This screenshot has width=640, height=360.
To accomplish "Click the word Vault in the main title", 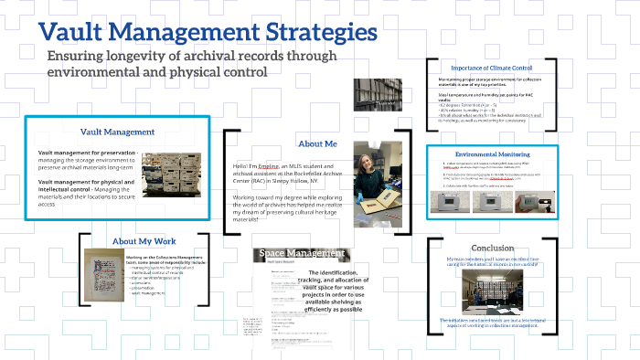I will coord(70,34).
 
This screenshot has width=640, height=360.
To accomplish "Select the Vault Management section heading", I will coord(116,132).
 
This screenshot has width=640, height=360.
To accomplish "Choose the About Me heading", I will coord(317,143).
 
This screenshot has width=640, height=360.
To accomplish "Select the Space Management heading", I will coord(301,252).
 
